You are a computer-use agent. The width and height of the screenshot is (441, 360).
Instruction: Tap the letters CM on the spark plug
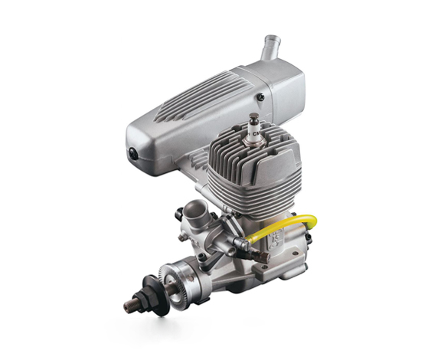pyautogui.click(x=263, y=137)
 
